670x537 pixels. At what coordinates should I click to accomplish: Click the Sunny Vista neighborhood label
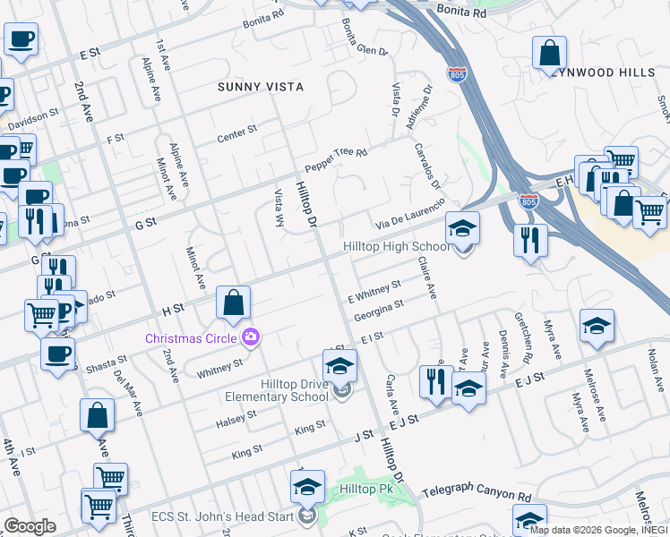pyautogui.click(x=261, y=87)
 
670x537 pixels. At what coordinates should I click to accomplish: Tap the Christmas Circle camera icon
pyautogui.click(x=252, y=337)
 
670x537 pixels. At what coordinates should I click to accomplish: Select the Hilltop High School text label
pyautogui.click(x=397, y=247)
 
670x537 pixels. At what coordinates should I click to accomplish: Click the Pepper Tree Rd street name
pyautogui.click(x=336, y=159)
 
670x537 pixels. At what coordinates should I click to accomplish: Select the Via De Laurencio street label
pyautogui.click(x=409, y=214)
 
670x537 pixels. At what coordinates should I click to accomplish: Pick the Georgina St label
pyautogui.click(x=379, y=310)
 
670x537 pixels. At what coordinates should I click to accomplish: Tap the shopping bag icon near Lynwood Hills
pyautogui.click(x=549, y=53)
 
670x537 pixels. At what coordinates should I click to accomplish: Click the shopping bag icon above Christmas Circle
pyautogui.click(x=233, y=303)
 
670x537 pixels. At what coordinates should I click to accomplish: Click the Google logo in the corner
pyautogui.click(x=30, y=526)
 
